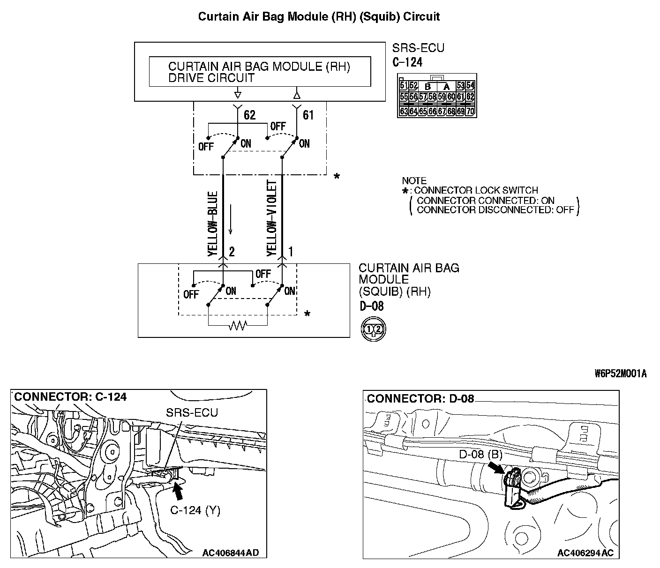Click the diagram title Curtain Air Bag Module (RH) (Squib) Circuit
pos(319,17)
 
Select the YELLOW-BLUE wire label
pos(213,224)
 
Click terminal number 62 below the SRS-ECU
pos(250,115)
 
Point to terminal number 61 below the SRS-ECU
pos(308,115)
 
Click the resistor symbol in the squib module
pos(238,325)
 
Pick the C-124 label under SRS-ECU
pos(407,62)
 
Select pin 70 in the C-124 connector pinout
pos(470,112)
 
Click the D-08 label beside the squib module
pos(371,306)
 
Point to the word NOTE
pos(414,181)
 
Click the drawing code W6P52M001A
pos(621,374)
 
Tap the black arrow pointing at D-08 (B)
pos(495,467)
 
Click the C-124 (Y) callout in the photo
pos(195,510)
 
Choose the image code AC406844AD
pos(231,553)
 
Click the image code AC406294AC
pos(585,553)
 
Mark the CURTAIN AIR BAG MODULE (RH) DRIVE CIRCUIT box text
pos(259,72)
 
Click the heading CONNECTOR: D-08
pos(420,399)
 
